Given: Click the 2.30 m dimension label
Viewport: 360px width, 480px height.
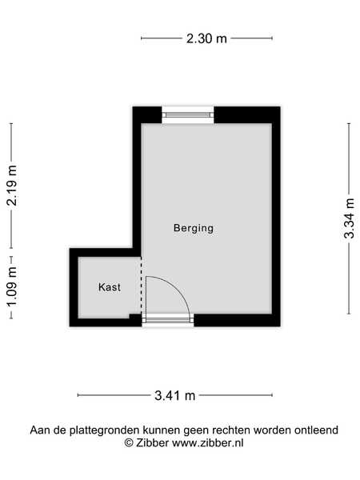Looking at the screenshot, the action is (x=206, y=38).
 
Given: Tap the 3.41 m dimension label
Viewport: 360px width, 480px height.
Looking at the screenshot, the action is (x=174, y=395).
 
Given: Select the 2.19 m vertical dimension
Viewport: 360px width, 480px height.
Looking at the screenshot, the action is (x=12, y=186).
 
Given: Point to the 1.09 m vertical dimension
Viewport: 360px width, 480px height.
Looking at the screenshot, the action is (x=12, y=287).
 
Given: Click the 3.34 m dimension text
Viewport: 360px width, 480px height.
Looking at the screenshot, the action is (x=350, y=218).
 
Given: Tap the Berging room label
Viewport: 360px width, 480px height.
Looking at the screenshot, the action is (x=194, y=228).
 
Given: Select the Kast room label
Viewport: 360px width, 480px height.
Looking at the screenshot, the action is (x=110, y=287).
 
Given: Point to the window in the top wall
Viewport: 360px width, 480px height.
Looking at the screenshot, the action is (x=188, y=114).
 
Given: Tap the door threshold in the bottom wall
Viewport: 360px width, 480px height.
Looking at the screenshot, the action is (x=168, y=320).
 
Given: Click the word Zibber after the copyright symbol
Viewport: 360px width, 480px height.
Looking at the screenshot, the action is (x=152, y=442).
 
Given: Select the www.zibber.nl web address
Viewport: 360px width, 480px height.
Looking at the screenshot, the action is (x=207, y=442).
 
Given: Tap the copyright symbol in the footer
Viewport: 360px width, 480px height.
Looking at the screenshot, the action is (x=129, y=442).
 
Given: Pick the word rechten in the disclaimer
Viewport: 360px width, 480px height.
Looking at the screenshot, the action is (x=232, y=430).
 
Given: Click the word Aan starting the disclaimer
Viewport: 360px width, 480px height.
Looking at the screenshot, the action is (x=40, y=430).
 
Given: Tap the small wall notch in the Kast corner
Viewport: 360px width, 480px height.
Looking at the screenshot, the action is (x=135, y=317).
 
